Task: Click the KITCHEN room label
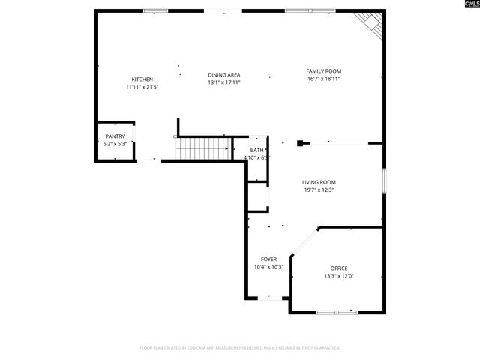(x=142, y=79)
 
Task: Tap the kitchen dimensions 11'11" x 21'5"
(x=142, y=87)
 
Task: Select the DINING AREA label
(x=223, y=75)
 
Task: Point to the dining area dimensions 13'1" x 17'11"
(x=223, y=82)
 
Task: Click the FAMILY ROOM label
(x=323, y=71)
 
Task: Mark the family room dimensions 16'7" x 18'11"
(x=323, y=79)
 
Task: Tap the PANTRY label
(x=115, y=136)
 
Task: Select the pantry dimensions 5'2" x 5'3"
(x=115, y=144)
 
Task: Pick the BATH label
(x=256, y=151)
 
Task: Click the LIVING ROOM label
(x=319, y=182)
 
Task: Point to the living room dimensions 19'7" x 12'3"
(x=319, y=190)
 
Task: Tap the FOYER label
(x=268, y=259)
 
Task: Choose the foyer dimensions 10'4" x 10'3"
(x=268, y=266)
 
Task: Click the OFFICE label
(x=339, y=268)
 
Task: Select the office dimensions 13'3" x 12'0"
(x=339, y=276)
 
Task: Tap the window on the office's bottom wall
(x=335, y=311)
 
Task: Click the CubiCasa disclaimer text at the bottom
(x=240, y=348)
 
